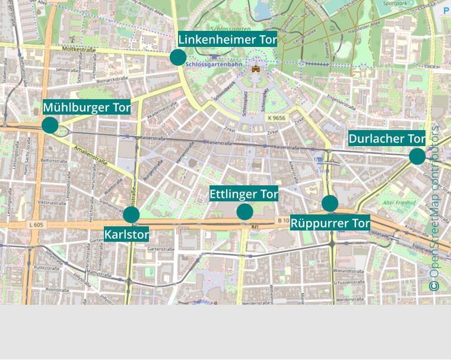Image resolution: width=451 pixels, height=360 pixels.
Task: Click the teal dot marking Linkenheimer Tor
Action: [x=177, y=57]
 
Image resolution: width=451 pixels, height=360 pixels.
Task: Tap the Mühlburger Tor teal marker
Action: [x=50, y=125]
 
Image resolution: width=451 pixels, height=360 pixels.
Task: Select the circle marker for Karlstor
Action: [x=131, y=214]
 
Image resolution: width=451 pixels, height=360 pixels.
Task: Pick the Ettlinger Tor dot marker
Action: [x=244, y=211]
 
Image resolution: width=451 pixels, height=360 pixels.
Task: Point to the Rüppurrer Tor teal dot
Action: [x=330, y=203]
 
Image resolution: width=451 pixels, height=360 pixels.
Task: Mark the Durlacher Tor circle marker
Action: [x=417, y=156]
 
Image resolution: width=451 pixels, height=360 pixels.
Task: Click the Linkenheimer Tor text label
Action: [x=228, y=40]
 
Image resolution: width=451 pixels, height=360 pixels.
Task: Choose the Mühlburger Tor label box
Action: [x=87, y=108]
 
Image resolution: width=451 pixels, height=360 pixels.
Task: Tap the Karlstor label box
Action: [x=126, y=234]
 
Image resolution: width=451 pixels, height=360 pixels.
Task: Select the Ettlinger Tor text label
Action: [x=244, y=194]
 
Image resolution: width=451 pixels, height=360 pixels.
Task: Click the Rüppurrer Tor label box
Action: [x=331, y=223]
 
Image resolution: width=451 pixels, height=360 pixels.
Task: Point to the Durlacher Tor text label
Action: [x=387, y=138]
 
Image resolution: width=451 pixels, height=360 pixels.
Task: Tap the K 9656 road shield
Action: [x=276, y=118]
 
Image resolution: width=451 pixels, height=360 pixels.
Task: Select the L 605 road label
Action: [x=36, y=225]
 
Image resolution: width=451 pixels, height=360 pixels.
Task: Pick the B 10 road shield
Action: [x=282, y=221]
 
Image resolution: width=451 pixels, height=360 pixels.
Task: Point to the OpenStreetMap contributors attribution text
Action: [x=434, y=208]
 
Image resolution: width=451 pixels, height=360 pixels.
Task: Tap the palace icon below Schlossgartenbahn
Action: [x=256, y=69]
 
